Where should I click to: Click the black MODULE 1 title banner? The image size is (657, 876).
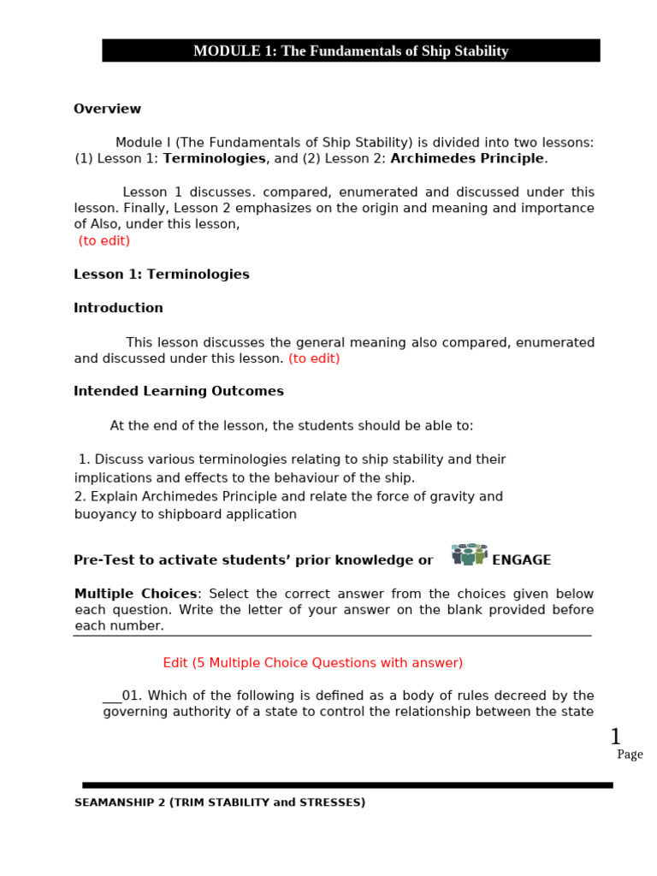(x=351, y=51)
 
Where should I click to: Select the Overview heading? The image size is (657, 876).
(x=107, y=109)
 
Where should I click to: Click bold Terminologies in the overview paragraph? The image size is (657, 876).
(x=214, y=158)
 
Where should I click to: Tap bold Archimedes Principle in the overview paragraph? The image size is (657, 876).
(x=467, y=158)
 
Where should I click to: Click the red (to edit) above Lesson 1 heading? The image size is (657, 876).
(x=104, y=240)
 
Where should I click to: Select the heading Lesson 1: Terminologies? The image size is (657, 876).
(x=162, y=275)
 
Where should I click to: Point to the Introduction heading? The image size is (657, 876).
(x=118, y=308)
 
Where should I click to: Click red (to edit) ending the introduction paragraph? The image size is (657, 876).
(x=314, y=358)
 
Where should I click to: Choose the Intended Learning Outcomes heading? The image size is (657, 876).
(x=179, y=391)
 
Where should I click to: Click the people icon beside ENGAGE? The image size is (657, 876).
(x=468, y=554)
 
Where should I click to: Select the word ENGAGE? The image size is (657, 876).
(x=521, y=560)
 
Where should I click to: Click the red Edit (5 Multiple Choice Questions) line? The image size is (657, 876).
(x=312, y=662)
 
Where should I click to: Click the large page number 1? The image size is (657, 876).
(x=615, y=736)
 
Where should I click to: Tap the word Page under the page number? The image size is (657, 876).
(x=630, y=755)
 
